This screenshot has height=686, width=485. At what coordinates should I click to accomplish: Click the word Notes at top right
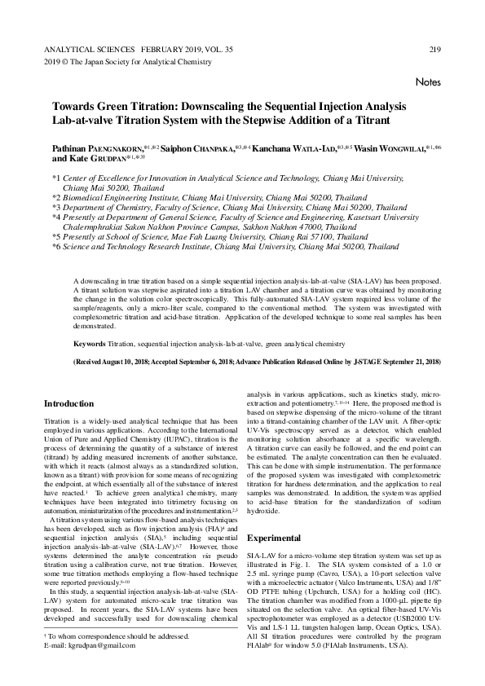[x=428, y=83]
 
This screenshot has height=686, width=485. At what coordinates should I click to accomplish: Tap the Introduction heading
[x=68, y=403]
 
